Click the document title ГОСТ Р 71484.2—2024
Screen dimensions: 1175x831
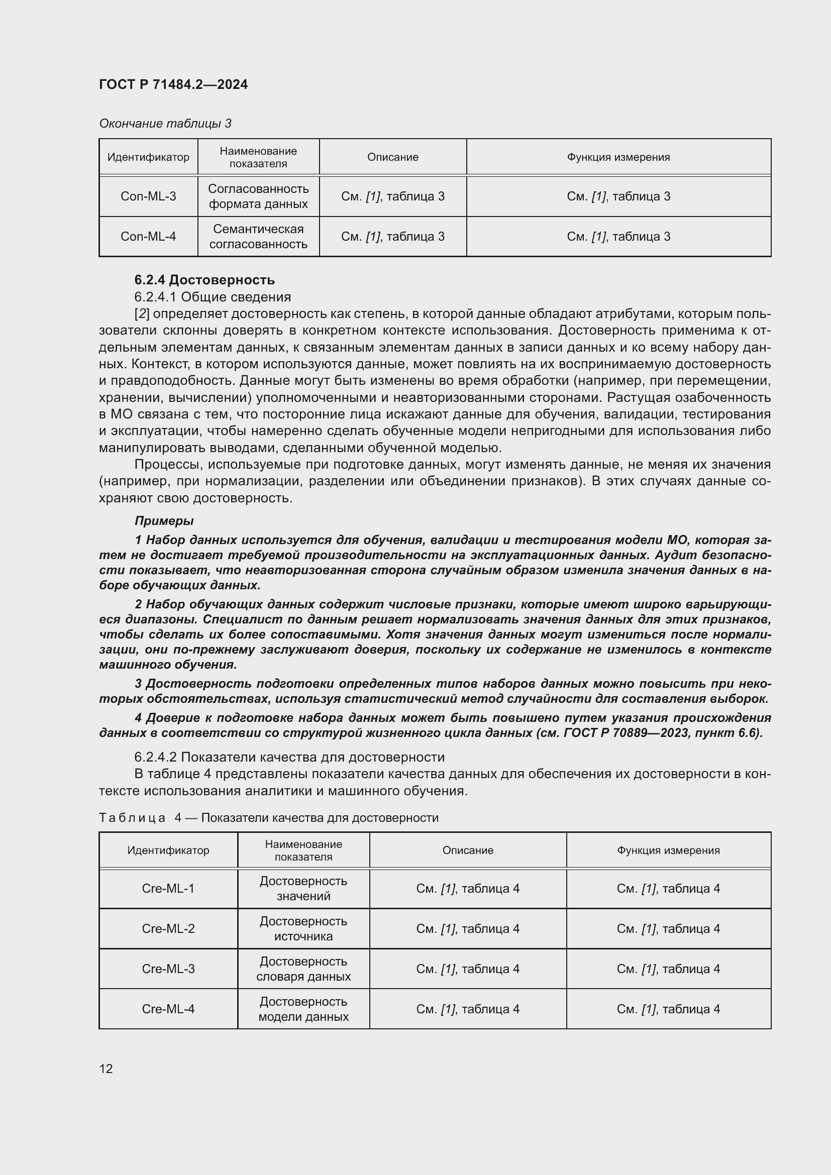[173, 84]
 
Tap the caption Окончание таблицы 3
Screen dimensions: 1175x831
[165, 124]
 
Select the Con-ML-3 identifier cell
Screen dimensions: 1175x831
[148, 196]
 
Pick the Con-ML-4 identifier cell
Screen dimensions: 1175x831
[148, 236]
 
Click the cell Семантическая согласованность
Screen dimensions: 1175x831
[258, 236]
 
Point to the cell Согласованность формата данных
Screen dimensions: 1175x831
[258, 196]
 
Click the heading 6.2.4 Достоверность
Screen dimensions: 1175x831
[204, 280]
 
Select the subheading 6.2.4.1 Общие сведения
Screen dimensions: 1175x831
[213, 297]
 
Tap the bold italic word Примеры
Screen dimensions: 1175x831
[164, 520]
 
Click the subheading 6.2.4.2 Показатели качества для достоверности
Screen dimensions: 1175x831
[289, 757]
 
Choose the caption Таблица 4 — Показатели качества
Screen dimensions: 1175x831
[269, 817]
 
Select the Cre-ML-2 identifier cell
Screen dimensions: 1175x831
[168, 928]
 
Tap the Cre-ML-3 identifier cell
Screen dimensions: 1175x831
[168, 968]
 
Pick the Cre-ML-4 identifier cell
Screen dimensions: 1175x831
[168, 1009]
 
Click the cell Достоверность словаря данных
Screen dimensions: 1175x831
[303, 968]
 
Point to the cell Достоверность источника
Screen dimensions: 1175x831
[303, 928]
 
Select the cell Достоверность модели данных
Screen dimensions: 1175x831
[303, 1009]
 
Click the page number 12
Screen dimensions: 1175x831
[106, 1069]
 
